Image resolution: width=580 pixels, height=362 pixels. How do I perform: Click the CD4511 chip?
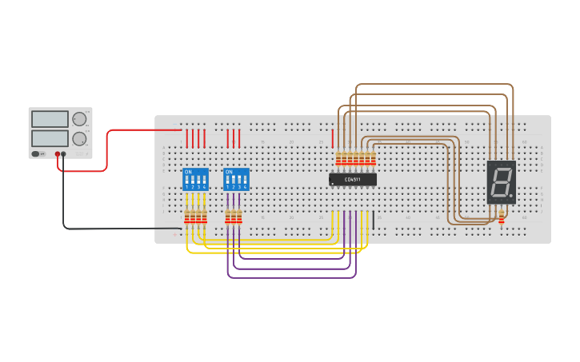(x=352, y=180)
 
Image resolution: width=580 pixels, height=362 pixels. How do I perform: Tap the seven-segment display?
(x=501, y=182)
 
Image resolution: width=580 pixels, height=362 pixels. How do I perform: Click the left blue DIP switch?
(x=195, y=179)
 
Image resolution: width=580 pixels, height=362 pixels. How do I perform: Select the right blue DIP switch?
(x=236, y=179)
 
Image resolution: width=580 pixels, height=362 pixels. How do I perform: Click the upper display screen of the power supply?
(x=50, y=119)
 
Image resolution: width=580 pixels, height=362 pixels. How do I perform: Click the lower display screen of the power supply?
(x=50, y=139)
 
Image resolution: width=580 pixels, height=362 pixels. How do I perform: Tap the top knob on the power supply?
(x=79, y=119)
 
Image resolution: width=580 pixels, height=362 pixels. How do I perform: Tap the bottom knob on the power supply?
(x=79, y=139)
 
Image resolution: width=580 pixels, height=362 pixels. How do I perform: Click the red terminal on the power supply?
(x=58, y=153)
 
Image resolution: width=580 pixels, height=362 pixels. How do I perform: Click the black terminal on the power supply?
(x=64, y=153)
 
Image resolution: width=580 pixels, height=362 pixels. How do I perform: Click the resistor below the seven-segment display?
(x=502, y=217)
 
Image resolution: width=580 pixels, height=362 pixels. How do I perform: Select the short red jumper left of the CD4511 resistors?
(x=333, y=138)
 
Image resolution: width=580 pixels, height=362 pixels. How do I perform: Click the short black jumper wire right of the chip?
(x=373, y=220)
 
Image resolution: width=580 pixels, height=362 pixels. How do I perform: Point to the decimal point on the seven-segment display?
(x=510, y=196)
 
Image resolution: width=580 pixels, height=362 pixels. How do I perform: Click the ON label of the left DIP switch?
(x=188, y=171)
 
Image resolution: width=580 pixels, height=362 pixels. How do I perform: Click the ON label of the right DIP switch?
(x=229, y=171)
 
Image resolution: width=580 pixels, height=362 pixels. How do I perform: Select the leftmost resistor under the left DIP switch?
(x=187, y=217)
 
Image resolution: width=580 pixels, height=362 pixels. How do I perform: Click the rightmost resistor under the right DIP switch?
(x=239, y=217)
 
